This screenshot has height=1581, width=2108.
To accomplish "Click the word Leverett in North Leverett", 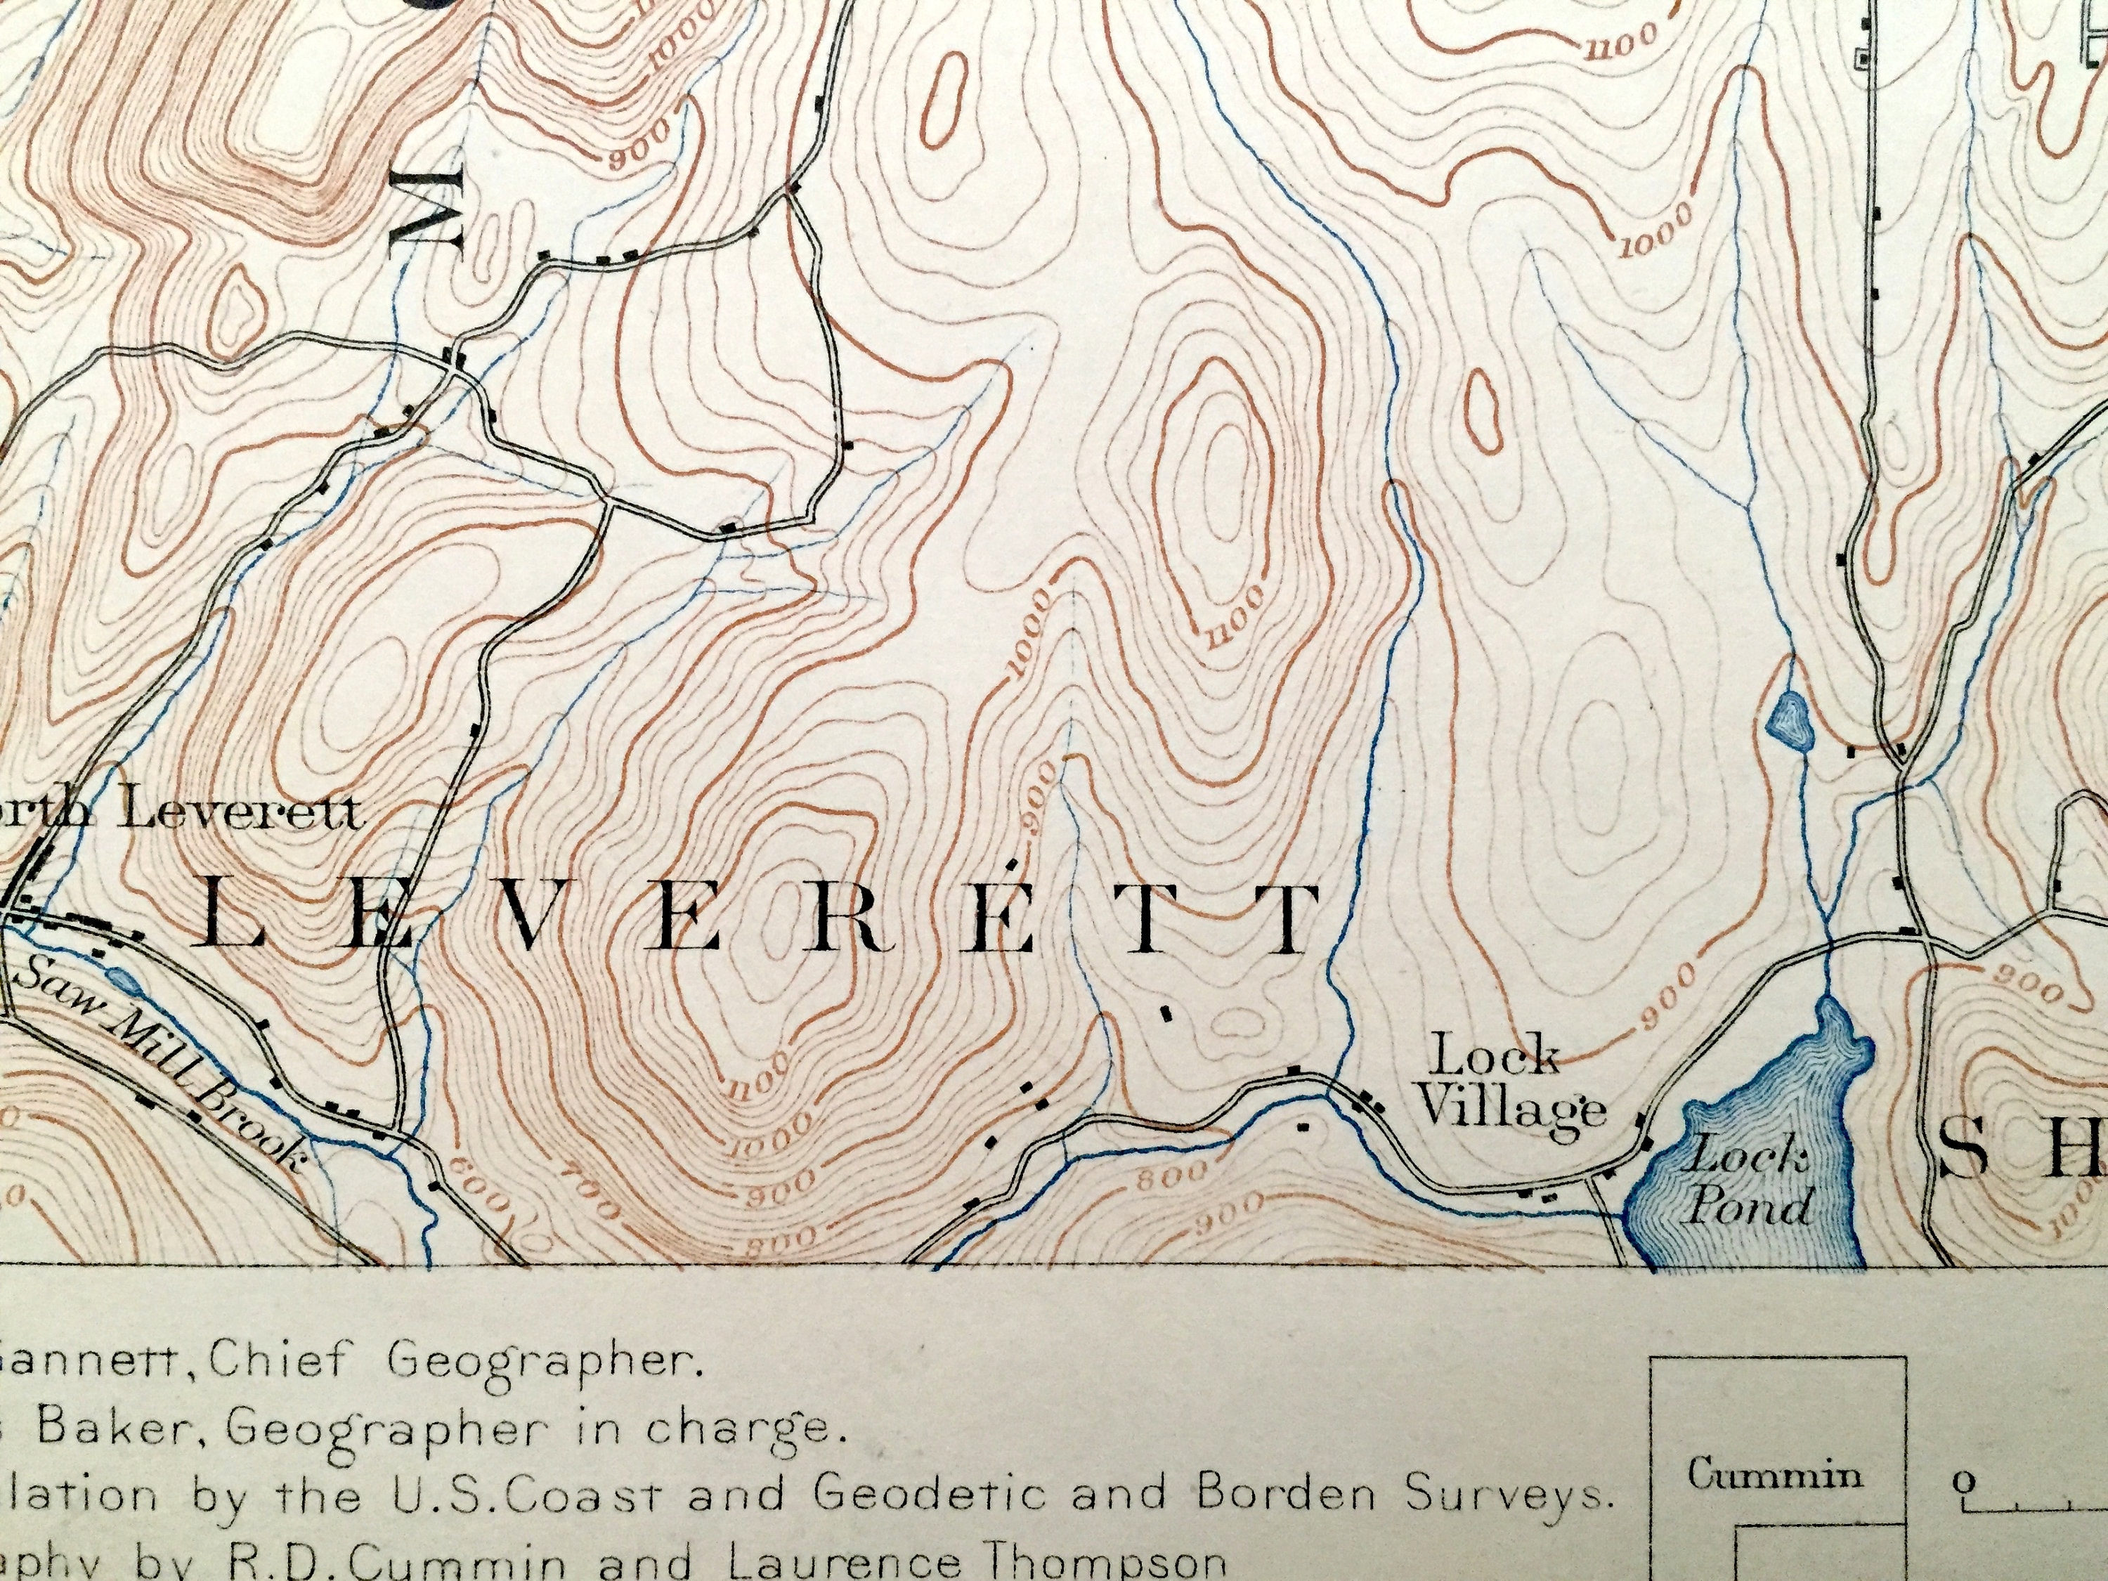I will click(x=243, y=813).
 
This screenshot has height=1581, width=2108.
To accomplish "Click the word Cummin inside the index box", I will click(x=1774, y=1475).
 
